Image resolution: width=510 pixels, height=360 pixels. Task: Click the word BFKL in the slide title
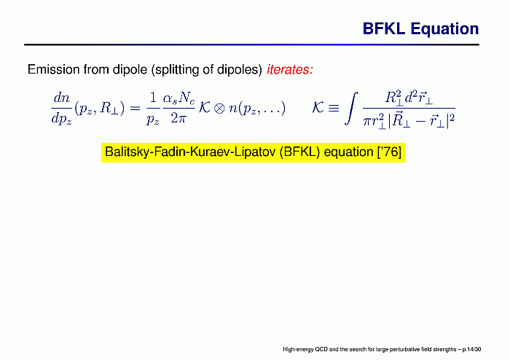click(384, 29)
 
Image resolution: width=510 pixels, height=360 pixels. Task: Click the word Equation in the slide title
click(444, 29)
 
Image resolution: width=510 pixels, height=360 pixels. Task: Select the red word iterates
click(290, 69)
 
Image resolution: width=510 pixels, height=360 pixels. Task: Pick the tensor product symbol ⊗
click(219, 108)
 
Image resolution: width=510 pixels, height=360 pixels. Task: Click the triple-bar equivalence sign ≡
click(334, 108)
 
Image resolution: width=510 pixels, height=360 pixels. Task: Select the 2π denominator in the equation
click(178, 118)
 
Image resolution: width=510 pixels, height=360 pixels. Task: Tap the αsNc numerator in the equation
click(179, 97)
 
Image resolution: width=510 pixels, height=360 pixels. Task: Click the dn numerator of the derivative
click(61, 97)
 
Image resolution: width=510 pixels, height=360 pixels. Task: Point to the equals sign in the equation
click(135, 108)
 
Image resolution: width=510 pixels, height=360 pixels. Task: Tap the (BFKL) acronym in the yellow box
click(299, 152)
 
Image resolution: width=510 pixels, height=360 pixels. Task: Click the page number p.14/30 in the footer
click(471, 350)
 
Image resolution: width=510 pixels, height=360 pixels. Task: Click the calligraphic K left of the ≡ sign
click(318, 107)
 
